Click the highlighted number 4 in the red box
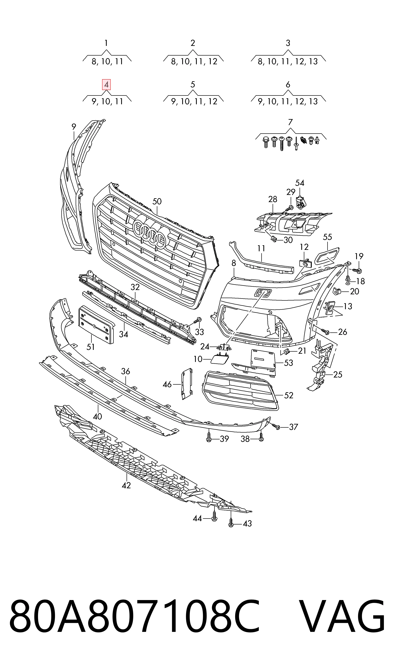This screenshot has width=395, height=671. point(106,85)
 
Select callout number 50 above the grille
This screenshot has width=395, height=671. point(157,201)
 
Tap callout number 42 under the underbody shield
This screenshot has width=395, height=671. point(126,485)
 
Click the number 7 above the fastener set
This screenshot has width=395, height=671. point(290,122)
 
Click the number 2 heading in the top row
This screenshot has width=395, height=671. point(193,43)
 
